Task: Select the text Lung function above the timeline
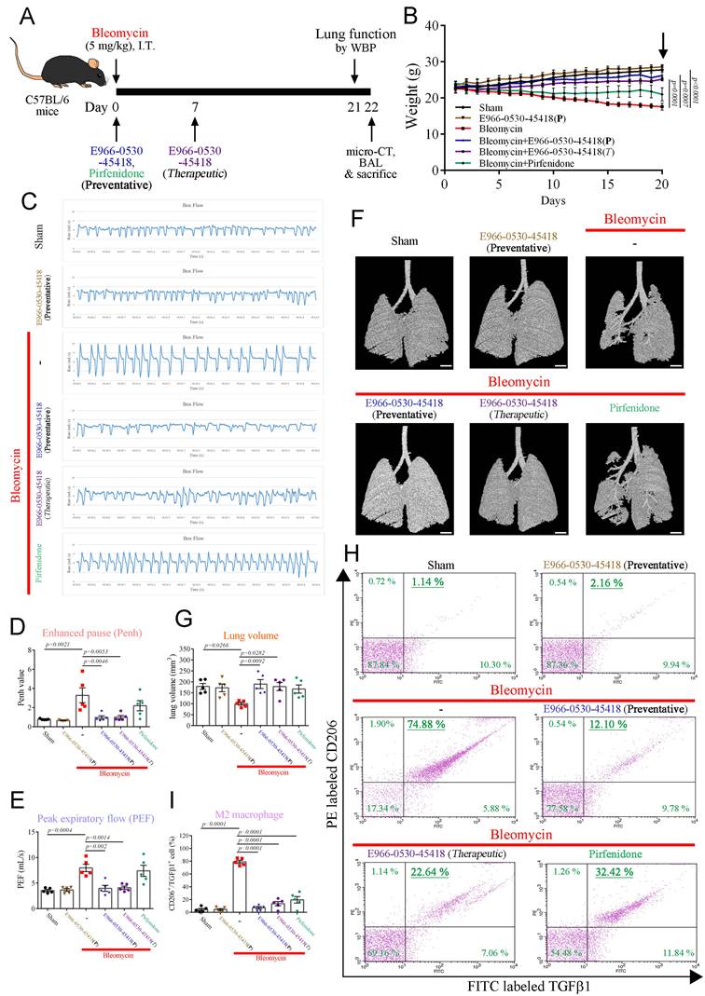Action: tap(356, 32)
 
